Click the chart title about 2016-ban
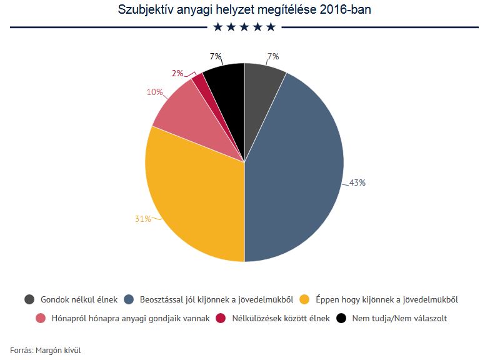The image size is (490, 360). (x=244, y=10)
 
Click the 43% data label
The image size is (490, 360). (x=357, y=183)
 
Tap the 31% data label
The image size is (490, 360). (x=143, y=219)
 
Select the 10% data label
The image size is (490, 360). (x=154, y=92)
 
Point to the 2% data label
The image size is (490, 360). (x=177, y=73)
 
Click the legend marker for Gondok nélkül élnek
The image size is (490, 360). (x=29, y=299)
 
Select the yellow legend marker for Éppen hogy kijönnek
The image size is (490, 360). (x=306, y=299)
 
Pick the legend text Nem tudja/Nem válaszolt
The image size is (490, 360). (x=399, y=318)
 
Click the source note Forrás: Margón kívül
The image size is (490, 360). (x=46, y=350)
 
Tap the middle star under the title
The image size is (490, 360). (x=244, y=27)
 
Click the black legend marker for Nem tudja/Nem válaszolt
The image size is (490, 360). (x=341, y=318)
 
